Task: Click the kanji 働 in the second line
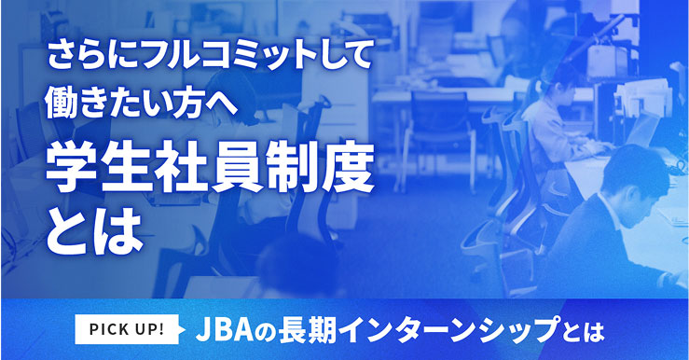(63, 101)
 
